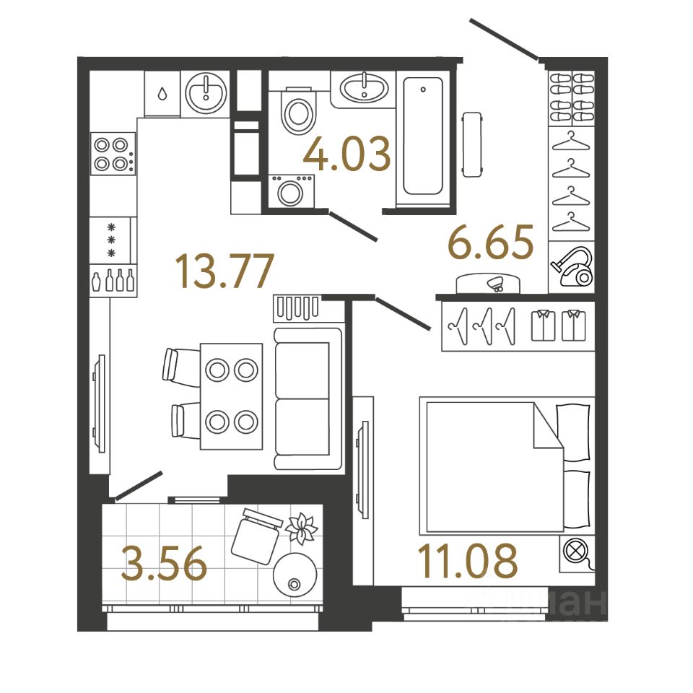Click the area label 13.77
pos(225,271)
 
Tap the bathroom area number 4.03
pos(347,154)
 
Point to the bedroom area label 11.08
pos(468,562)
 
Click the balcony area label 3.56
pos(165,565)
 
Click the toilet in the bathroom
pos(298,110)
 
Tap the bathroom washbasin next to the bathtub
pos(364,90)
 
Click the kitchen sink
pos(206,92)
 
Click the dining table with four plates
pos(231,395)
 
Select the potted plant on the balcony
pos(301,528)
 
